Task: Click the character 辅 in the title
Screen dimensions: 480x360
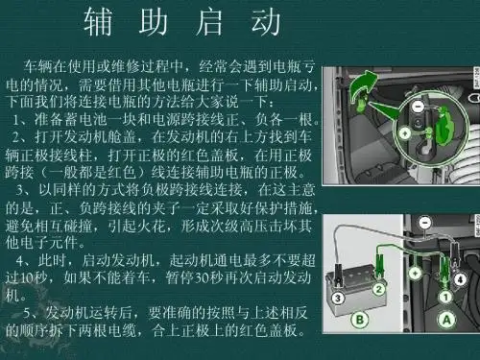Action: pos(98,22)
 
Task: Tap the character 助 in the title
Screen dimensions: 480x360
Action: pos(154,22)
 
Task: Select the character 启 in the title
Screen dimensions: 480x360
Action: pos(209,22)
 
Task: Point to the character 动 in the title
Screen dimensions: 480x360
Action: pos(266,22)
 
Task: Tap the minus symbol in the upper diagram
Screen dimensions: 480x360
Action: pos(417,106)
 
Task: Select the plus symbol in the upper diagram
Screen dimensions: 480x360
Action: pos(405,132)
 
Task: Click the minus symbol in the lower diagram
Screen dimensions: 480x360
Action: pos(424,222)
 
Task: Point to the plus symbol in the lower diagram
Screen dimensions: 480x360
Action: pos(415,273)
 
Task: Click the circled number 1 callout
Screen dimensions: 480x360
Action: pos(445,297)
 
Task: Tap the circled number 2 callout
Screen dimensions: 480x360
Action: pos(379,290)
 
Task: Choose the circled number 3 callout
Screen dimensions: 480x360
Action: pos(338,299)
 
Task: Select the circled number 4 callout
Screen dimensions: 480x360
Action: pos(461,279)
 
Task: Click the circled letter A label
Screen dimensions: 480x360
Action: pos(446,320)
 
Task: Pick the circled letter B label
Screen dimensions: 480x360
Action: pos(360,320)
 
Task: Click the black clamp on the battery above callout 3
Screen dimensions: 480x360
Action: pos(338,276)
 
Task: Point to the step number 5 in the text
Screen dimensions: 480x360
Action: pos(27,313)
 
